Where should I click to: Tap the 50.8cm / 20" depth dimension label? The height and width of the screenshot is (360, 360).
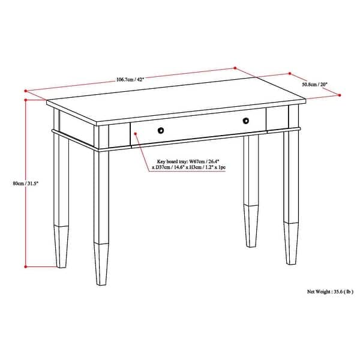(316, 84)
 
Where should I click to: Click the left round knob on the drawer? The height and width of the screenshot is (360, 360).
(160, 130)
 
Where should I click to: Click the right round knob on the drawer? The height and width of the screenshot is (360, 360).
(245, 122)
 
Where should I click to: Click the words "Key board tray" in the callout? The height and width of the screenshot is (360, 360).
(171, 161)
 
